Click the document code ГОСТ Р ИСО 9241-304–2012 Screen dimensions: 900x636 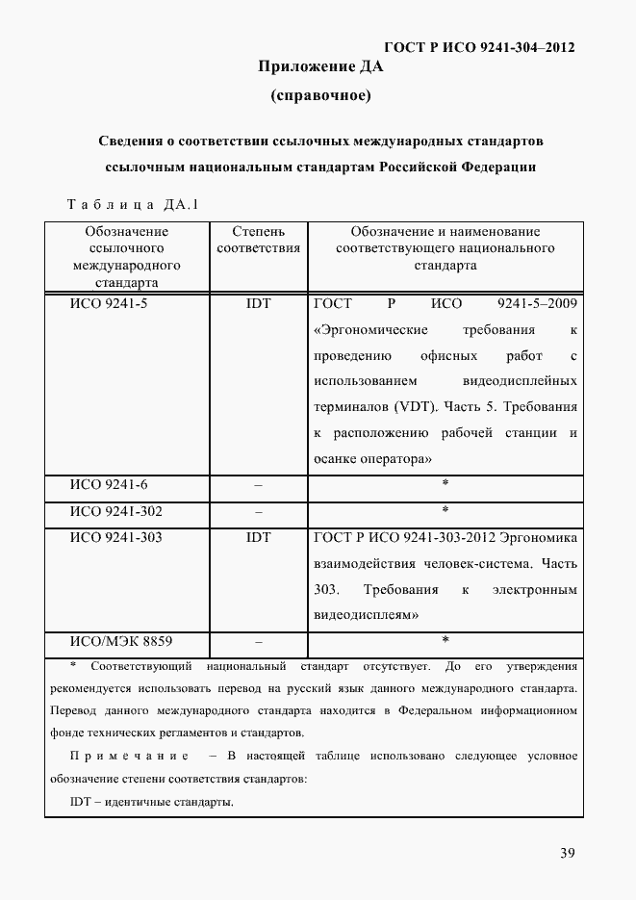(479, 47)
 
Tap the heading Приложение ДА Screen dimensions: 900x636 (320, 66)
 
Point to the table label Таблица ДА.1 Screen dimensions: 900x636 (132, 204)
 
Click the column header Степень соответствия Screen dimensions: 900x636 (258, 240)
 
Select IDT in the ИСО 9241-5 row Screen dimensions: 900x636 (258, 304)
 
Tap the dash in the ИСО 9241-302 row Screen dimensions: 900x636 (258, 511)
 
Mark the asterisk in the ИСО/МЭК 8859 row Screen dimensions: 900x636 (445, 640)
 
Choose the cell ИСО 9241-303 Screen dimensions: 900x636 (115, 537)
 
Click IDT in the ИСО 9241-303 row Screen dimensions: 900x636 (258, 537)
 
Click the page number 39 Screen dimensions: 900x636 (568, 853)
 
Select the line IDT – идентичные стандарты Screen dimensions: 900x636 (151, 802)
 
